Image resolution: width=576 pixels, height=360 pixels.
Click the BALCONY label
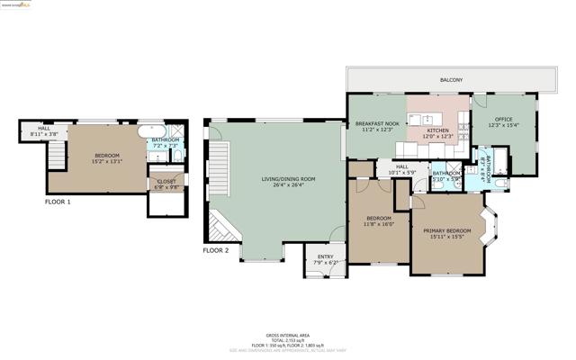[451, 80]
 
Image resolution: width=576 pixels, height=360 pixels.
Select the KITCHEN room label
[437, 130]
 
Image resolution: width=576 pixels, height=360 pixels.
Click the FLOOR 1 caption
[58, 202]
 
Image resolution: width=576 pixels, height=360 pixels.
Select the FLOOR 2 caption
[215, 250]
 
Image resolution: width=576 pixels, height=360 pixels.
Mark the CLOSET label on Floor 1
[166, 181]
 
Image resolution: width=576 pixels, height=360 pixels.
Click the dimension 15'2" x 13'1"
[105, 162]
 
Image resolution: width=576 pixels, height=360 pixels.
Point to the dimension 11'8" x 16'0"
[378, 224]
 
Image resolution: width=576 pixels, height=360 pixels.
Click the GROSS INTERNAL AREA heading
[287, 333]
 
